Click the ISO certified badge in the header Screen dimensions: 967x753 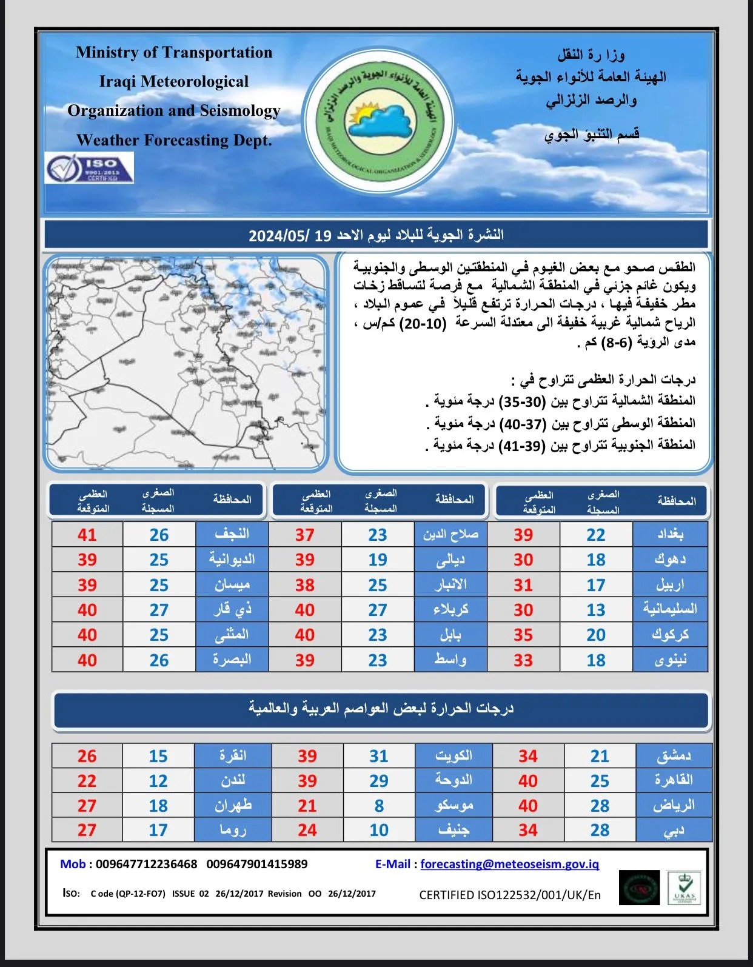coord(89,168)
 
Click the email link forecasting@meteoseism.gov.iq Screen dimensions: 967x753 coord(509,864)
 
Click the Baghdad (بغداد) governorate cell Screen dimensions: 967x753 coord(670,534)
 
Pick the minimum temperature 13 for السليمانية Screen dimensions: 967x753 coord(595,609)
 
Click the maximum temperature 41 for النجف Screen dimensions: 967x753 coord(87,534)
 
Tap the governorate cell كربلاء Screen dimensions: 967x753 coord(450,609)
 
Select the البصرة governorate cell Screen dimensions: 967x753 coord(232,660)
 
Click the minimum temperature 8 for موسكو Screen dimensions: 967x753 coord(379,806)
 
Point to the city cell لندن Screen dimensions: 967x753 coord(233,781)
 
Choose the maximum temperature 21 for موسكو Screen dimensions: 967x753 coord(307,806)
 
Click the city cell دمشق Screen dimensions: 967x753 coord(674,756)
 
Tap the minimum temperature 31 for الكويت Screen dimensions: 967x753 coord(379,756)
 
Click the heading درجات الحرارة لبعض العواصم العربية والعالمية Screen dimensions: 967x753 coord(381,708)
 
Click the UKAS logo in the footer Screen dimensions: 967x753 coord(684,888)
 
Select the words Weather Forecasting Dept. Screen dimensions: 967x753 coord(174,140)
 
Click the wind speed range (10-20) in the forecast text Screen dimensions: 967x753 coord(426,323)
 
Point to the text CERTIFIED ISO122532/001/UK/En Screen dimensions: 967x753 coord(510,895)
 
